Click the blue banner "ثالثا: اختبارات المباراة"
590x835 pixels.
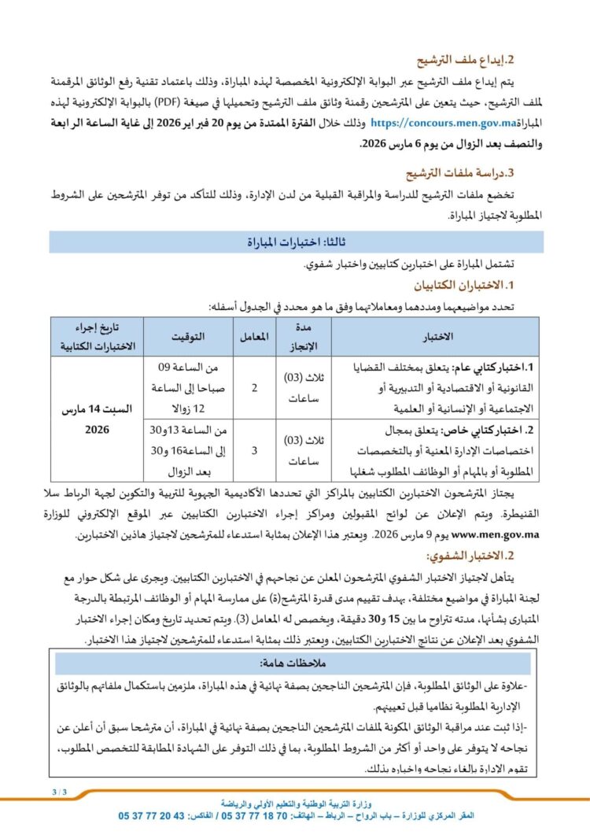click(295, 242)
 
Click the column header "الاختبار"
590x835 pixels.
click(438, 337)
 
